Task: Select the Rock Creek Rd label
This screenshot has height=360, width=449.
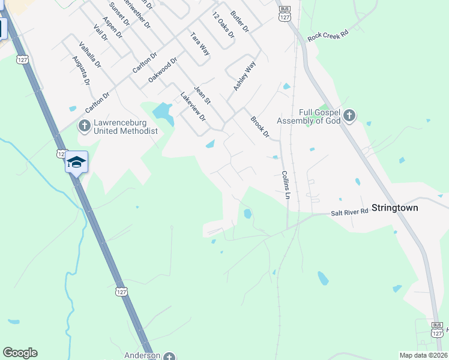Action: [x=328, y=36]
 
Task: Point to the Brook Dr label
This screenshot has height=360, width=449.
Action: [x=260, y=127]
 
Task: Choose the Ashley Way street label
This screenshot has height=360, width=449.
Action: [x=244, y=76]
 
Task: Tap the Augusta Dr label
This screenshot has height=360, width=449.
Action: [x=80, y=70]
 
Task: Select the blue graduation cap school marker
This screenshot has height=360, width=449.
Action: [x=77, y=161]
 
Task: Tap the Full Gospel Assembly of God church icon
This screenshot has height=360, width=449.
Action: [x=350, y=115]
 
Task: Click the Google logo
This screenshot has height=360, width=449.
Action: [x=20, y=353]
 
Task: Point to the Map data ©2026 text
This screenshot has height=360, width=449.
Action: [x=423, y=355]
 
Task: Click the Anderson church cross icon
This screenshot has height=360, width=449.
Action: [x=170, y=356]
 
